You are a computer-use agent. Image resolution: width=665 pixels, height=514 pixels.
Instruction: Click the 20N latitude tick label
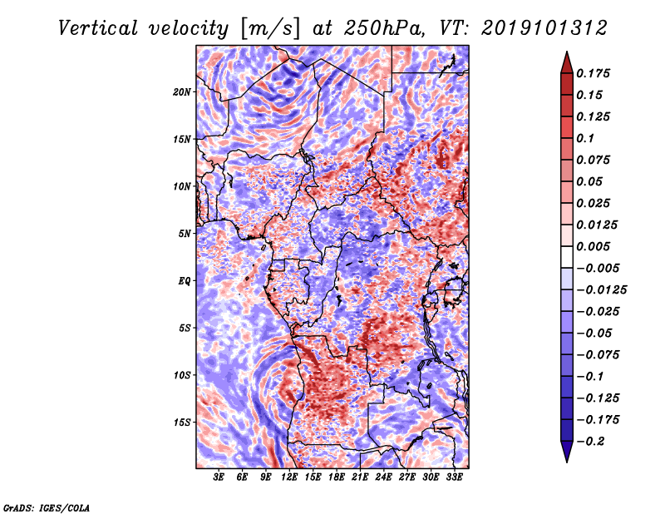pyautogui.click(x=182, y=91)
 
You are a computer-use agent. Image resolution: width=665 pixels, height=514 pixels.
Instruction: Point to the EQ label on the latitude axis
pyautogui.click(x=185, y=281)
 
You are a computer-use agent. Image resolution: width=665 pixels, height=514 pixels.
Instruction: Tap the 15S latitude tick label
pyautogui.click(x=182, y=423)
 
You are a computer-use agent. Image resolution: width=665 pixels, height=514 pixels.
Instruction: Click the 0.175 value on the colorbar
pyautogui.click(x=595, y=73)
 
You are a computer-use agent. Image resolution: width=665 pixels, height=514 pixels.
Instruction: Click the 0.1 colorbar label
pyautogui.click(x=587, y=138)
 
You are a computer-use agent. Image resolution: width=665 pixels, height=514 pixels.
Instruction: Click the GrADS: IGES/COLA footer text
pyautogui.click(x=47, y=507)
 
